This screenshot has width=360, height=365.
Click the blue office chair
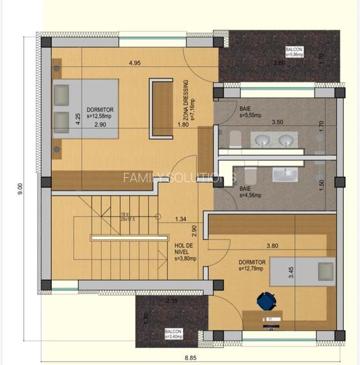pos(266,301)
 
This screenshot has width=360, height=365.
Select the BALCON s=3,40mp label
pos(173,333)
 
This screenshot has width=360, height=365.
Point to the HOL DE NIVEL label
pos(184,250)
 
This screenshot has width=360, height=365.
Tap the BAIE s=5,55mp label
pos(250,112)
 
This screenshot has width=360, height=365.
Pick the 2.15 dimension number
pos(172,301)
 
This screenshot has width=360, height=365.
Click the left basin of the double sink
pos(264,139)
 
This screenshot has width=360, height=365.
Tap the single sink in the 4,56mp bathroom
pos(284,174)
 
